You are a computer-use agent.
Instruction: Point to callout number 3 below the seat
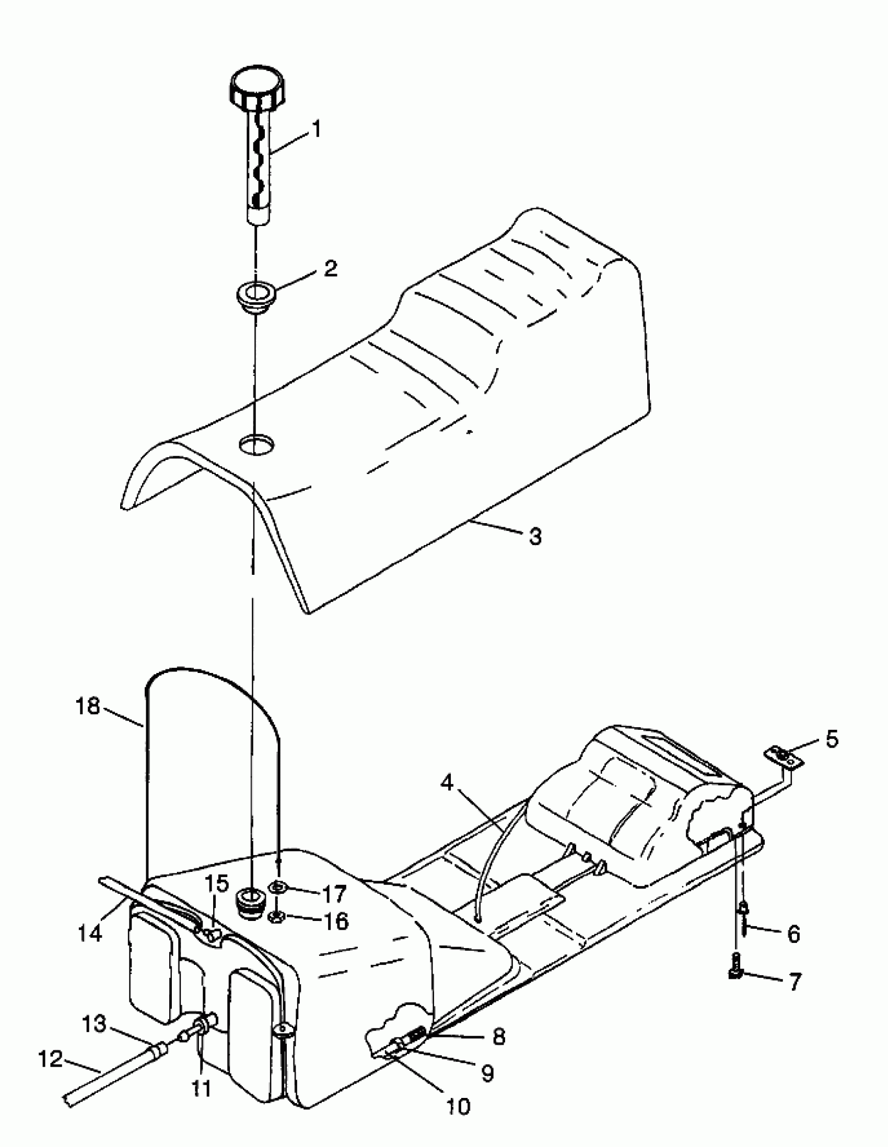click(x=534, y=536)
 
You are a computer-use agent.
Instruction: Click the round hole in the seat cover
click(x=256, y=445)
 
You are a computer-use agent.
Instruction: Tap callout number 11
click(x=201, y=1089)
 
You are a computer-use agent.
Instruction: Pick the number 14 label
click(x=89, y=933)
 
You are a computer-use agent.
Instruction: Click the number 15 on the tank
click(x=217, y=884)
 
